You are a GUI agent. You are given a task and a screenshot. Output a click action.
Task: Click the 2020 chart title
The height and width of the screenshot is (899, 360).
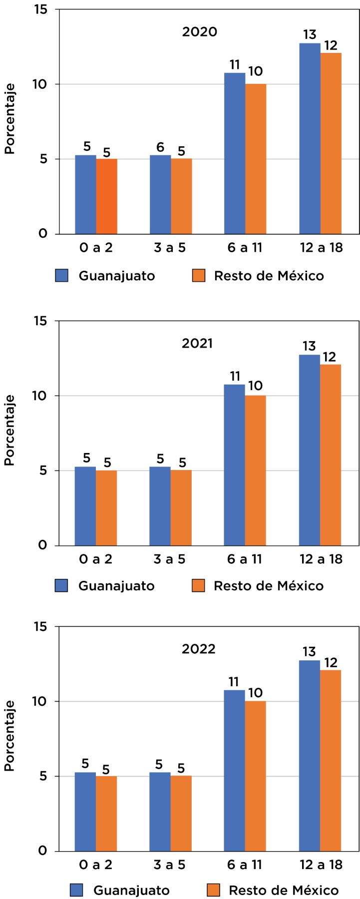tap(200, 32)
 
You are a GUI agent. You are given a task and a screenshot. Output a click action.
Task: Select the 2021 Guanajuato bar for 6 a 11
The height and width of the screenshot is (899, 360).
tap(235, 464)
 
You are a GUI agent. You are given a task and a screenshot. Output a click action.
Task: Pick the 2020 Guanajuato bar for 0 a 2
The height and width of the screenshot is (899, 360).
tap(85, 195)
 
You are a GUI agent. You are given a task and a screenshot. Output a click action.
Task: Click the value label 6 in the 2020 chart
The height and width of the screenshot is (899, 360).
tap(160, 147)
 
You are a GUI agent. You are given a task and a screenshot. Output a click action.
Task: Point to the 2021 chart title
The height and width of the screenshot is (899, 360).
tap(197, 344)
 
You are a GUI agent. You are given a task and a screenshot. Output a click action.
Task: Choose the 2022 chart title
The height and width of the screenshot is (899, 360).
tap(199, 649)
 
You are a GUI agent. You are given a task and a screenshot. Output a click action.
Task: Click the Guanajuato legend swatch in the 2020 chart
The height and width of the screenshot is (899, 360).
tap(61, 276)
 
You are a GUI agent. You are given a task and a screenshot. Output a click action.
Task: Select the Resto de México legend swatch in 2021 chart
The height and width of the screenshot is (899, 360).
tap(199, 585)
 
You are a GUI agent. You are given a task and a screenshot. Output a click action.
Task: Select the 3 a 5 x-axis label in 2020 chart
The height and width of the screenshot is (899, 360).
tap(170, 248)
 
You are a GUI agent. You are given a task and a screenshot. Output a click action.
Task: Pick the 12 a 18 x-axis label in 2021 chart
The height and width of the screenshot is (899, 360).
tap(321, 559)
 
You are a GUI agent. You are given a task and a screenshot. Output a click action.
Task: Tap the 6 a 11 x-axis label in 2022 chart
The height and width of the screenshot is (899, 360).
tap(245, 865)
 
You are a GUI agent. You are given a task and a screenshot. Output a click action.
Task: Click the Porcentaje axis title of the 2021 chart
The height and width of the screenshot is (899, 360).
tap(9, 431)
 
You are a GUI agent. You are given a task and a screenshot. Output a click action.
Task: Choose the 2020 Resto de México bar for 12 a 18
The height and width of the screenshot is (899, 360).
tap(331, 143)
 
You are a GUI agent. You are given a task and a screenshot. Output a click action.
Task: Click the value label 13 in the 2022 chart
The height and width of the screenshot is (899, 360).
tap(309, 652)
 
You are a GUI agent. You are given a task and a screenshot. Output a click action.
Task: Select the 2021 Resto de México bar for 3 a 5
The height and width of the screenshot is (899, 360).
tap(181, 507)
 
